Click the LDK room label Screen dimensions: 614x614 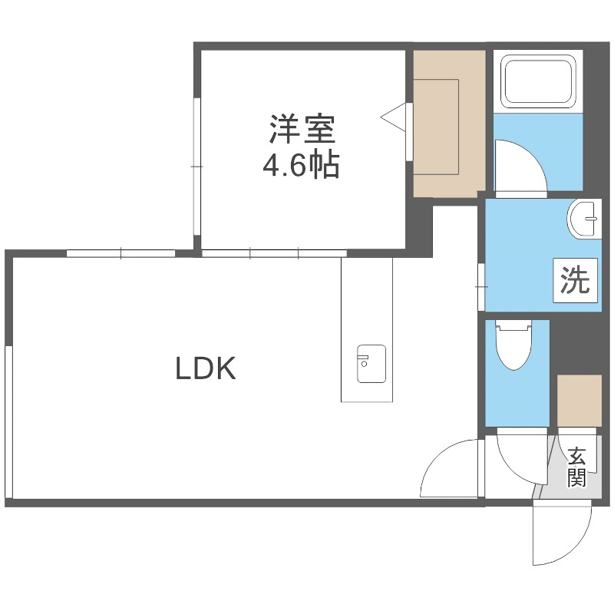(205, 369)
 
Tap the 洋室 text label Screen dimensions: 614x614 (302, 128)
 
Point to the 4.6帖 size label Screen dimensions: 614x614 (302, 165)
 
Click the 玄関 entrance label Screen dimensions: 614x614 (576, 467)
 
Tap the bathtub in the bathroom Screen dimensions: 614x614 (538, 81)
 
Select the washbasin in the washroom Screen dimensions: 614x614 (585, 218)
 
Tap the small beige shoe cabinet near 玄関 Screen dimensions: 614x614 (578, 399)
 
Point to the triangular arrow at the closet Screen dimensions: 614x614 (394, 117)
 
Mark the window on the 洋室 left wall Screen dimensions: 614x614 (196, 166)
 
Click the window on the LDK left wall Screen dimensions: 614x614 (8, 421)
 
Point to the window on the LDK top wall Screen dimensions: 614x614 (120, 253)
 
